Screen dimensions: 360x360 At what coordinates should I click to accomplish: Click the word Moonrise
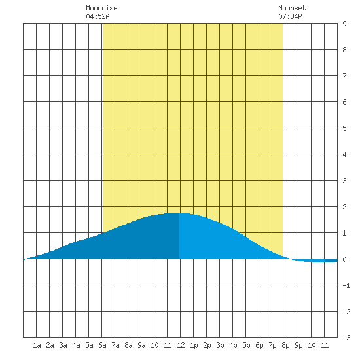[101, 8]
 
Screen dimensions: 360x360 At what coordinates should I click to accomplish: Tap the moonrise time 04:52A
[98, 16]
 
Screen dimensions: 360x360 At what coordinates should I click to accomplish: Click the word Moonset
[292, 8]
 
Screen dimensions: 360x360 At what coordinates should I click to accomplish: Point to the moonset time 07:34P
[290, 16]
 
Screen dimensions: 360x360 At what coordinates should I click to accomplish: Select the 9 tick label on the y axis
[344, 24]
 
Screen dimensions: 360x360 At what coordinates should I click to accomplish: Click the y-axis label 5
[344, 128]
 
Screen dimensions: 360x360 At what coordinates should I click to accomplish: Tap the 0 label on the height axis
[344, 259]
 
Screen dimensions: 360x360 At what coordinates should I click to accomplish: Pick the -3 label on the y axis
[346, 338]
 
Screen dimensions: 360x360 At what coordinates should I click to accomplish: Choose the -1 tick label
[346, 285]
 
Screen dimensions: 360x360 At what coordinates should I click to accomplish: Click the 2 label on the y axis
[344, 207]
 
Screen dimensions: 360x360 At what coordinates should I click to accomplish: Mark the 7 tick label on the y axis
[344, 76]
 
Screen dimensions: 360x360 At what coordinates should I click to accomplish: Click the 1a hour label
[37, 345]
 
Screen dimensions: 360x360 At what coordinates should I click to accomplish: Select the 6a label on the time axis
[102, 345]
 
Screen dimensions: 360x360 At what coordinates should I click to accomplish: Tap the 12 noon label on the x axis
[181, 345]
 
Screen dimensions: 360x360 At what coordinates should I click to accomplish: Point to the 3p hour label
[220, 345]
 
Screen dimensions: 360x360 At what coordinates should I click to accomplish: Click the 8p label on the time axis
[285, 345]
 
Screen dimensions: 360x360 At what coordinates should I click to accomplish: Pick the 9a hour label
[141, 345]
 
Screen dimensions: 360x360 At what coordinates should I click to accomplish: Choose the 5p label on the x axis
[246, 345]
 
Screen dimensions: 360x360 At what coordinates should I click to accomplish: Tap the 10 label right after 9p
[312, 345]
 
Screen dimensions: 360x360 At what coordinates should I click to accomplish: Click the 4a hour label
[76, 345]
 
